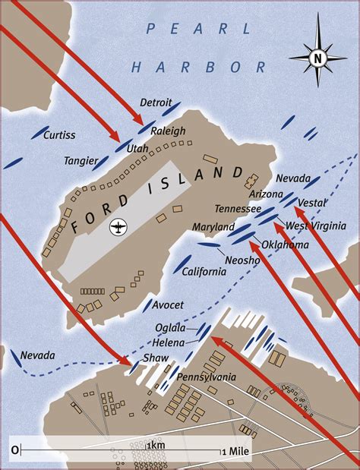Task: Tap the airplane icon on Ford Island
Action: click(118, 226)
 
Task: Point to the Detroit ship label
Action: click(156, 103)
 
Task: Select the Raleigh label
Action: click(168, 131)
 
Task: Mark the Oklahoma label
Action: click(285, 244)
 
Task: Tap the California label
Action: click(203, 272)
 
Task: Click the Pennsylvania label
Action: click(207, 377)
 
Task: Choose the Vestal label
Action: click(312, 203)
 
